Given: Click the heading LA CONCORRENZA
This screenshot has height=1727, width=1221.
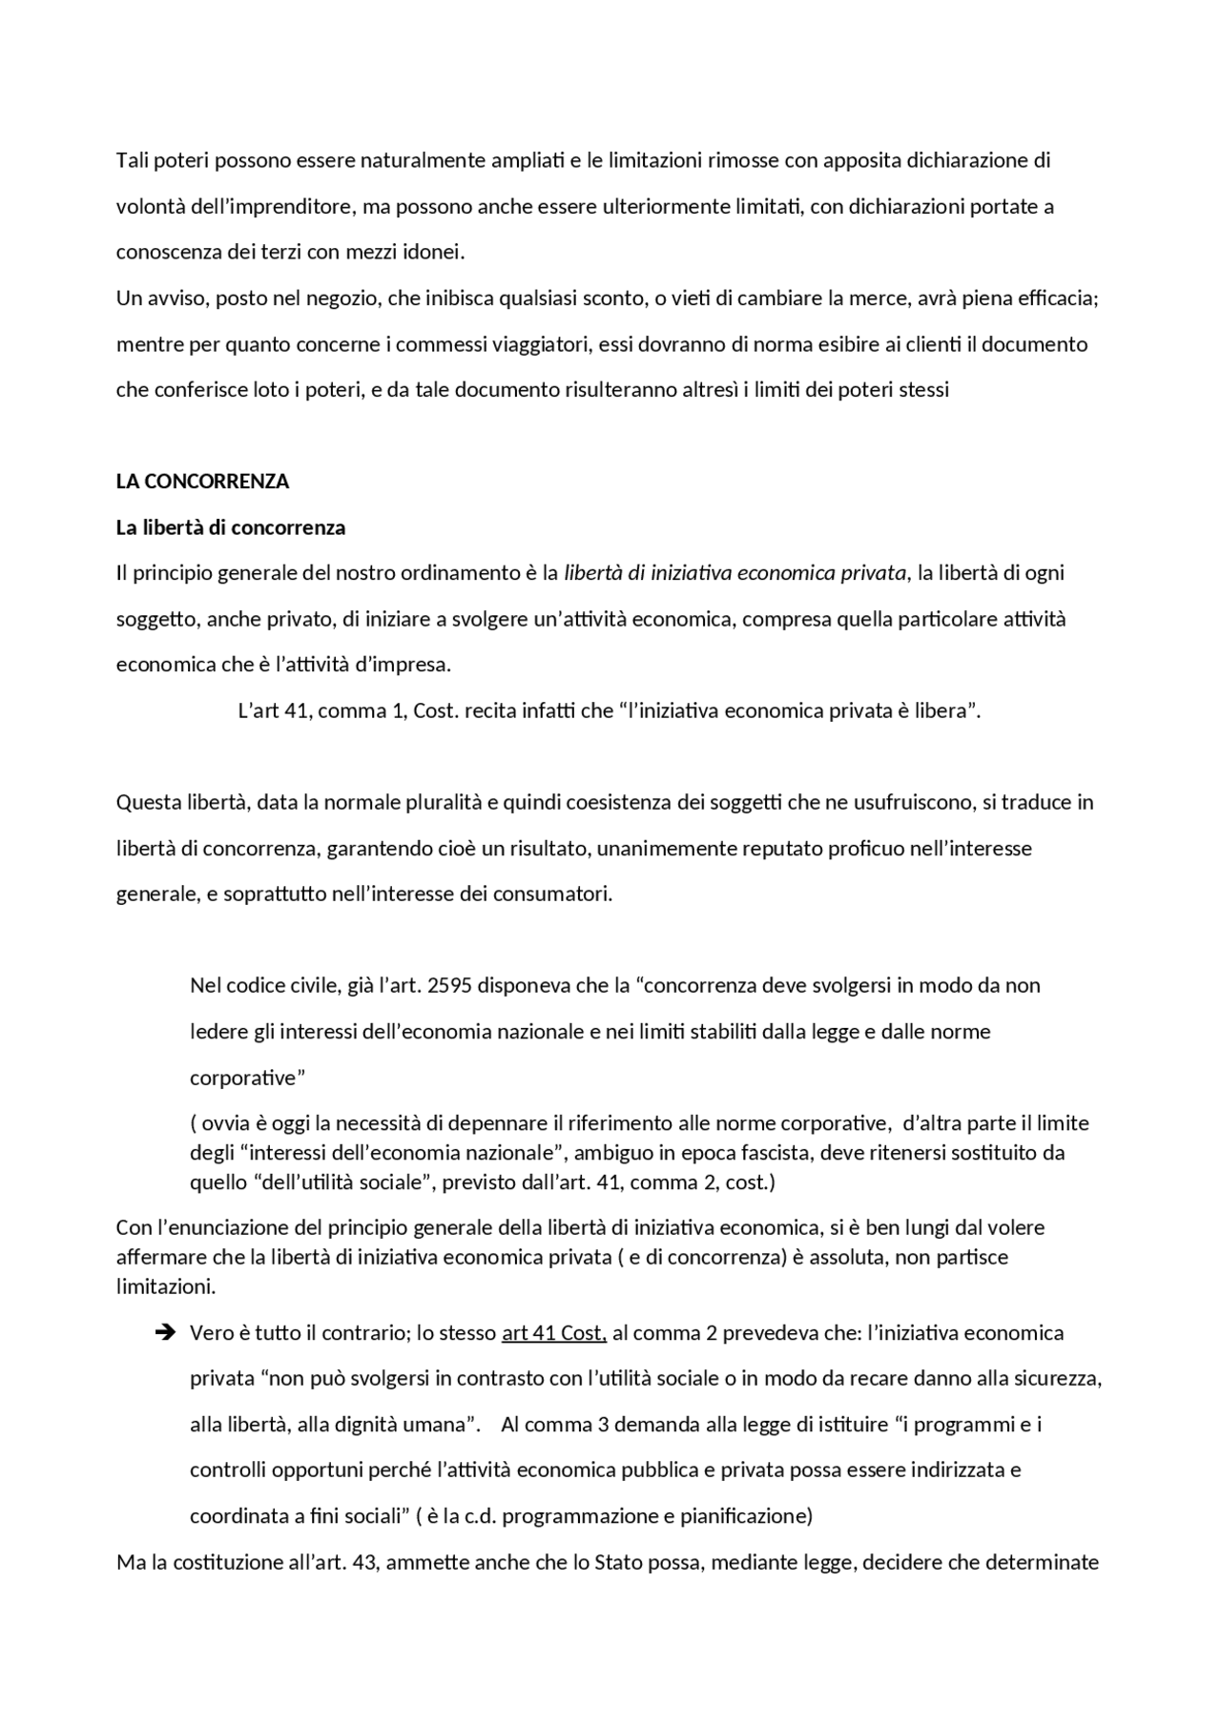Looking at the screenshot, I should (x=202, y=482).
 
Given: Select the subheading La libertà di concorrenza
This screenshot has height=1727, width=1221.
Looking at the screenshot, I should (x=231, y=527).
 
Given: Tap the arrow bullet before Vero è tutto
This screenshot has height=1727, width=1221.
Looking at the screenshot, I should (x=163, y=1333).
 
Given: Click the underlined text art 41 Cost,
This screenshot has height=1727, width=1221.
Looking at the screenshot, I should (x=554, y=1333).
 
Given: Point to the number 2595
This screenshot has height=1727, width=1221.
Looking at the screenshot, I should (x=449, y=985).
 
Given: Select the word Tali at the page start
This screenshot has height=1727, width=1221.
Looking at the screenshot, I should (x=134, y=160).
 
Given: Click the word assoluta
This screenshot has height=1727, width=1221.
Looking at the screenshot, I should (x=845, y=1257).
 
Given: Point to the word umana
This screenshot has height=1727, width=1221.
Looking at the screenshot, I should (x=445, y=1425).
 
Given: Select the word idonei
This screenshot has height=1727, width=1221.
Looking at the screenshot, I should (x=435, y=253).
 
